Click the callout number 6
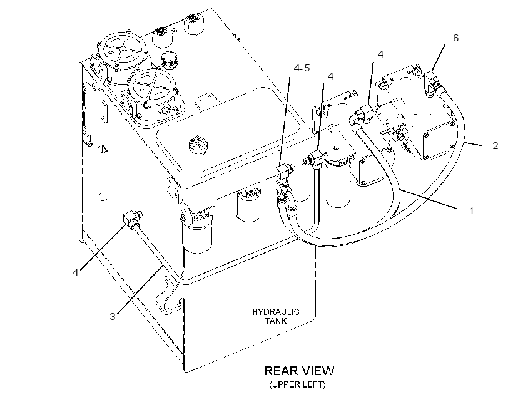pyautogui.click(x=455, y=38)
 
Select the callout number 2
pyautogui.click(x=495, y=145)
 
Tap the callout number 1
pyautogui.click(x=472, y=211)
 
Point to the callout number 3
pyautogui.click(x=113, y=316)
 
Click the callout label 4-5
pyautogui.click(x=302, y=68)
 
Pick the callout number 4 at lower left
pyautogui.click(x=76, y=272)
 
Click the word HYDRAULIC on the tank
pyautogui.click(x=275, y=312)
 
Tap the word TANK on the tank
pyautogui.click(x=276, y=321)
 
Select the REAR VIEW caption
pyautogui.click(x=299, y=371)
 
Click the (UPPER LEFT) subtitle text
pyautogui.click(x=297, y=384)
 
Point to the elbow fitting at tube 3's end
pyautogui.click(x=132, y=219)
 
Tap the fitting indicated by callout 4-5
pyautogui.click(x=283, y=173)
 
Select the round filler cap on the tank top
pyautogui.click(x=198, y=145)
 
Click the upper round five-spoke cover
pyautogui.click(x=122, y=53)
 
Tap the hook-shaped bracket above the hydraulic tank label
pyautogui.click(x=168, y=296)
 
